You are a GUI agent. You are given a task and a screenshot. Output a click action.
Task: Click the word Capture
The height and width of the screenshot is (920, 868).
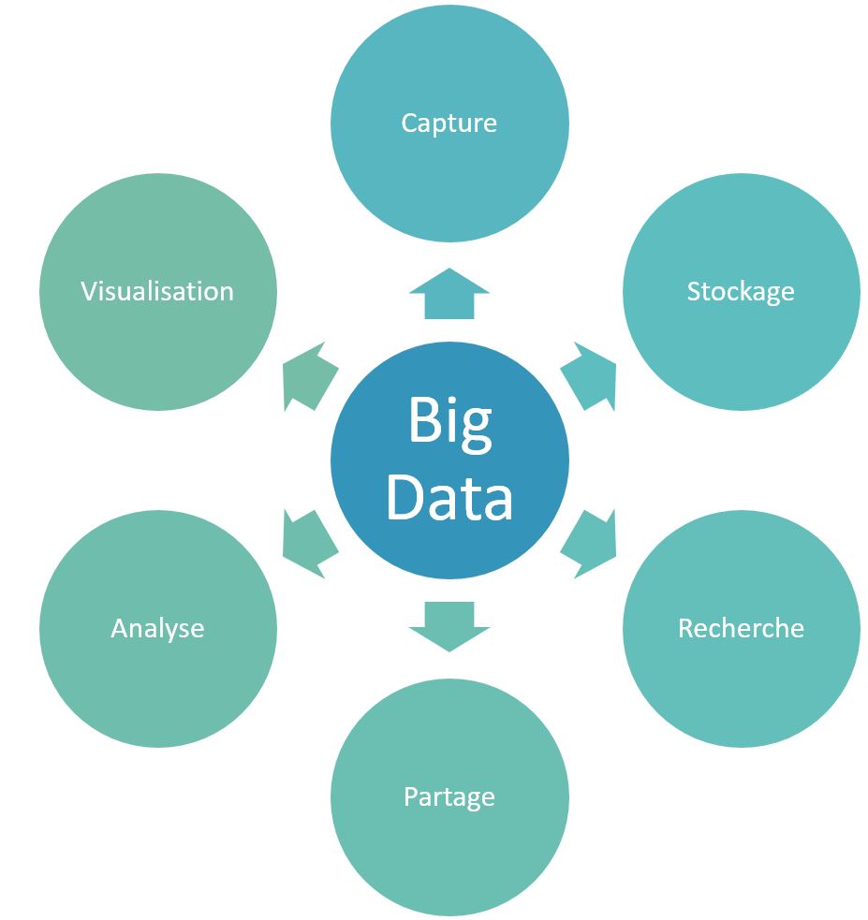click(449, 123)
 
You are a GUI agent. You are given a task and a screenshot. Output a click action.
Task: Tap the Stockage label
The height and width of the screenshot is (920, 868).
click(740, 291)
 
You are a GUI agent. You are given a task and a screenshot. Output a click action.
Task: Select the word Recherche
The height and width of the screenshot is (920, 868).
click(740, 627)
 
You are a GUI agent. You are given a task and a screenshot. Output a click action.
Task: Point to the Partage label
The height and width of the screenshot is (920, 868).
click(449, 796)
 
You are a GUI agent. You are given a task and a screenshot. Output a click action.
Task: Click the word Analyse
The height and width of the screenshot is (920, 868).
click(157, 628)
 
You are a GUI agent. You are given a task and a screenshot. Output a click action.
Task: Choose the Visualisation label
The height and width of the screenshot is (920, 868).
click(157, 291)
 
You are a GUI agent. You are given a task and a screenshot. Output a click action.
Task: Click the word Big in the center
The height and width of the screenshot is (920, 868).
click(449, 423)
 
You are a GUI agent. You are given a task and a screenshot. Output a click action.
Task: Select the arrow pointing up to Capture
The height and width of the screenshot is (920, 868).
click(449, 294)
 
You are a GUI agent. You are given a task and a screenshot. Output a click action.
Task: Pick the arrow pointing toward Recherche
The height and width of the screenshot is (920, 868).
click(590, 544)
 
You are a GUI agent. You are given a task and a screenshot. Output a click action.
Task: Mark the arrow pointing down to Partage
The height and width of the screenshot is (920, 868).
click(449, 625)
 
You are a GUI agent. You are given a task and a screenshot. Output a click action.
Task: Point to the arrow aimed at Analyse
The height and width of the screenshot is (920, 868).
click(309, 544)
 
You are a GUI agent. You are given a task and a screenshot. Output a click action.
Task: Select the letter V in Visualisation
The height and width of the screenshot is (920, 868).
click(88, 291)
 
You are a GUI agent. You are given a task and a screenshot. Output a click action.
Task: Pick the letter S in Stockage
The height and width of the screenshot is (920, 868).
click(694, 291)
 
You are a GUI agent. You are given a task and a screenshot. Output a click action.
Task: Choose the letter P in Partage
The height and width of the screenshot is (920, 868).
click(410, 796)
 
